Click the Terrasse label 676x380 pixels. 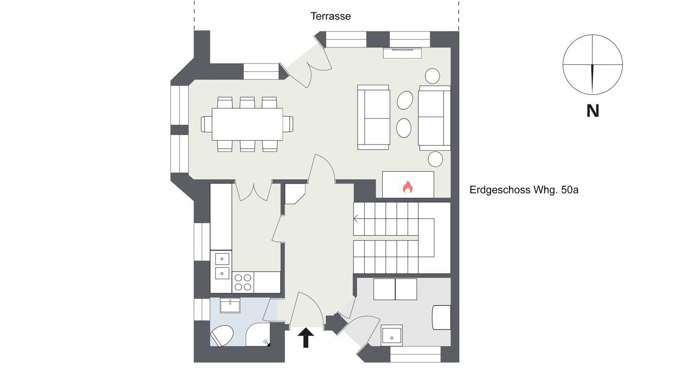(330, 16)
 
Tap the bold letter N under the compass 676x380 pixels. (592, 111)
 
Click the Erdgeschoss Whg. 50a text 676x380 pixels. (524, 190)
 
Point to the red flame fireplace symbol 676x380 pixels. (407, 187)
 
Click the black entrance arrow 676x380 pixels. (306, 337)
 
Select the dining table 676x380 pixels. (247, 124)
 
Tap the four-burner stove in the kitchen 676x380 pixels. (243, 282)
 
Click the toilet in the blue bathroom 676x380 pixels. (222, 336)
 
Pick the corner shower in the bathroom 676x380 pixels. (258, 335)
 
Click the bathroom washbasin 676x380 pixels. (230, 305)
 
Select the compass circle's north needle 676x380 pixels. (593, 79)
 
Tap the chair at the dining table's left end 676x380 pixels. (207, 124)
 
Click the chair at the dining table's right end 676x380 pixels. (288, 124)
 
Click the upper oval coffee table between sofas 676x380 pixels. (405, 100)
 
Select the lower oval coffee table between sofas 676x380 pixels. (404, 128)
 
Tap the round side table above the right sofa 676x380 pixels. (432, 76)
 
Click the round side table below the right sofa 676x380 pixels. (435, 159)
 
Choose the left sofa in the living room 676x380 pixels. (374, 117)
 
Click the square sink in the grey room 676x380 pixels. (392, 335)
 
